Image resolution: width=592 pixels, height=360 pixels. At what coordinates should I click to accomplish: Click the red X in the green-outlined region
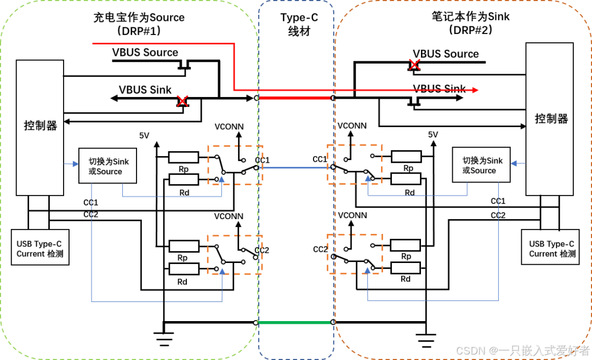click(x=182, y=101)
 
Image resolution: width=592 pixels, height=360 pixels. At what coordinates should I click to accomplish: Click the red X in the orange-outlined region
click(x=414, y=64)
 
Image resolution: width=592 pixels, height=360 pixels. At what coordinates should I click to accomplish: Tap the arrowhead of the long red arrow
click(x=476, y=90)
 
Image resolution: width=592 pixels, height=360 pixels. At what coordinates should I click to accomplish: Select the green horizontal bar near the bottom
click(x=294, y=322)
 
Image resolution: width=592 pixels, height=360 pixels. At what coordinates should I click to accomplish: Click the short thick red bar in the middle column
click(x=295, y=98)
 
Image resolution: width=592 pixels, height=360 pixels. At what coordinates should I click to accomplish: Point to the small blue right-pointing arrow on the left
click(x=72, y=163)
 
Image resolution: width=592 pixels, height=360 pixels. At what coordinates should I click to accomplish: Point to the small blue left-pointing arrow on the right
click(x=517, y=163)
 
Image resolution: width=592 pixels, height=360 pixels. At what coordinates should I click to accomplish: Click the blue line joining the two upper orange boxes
click(x=295, y=167)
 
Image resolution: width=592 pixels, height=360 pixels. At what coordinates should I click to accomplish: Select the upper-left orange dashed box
click(x=235, y=165)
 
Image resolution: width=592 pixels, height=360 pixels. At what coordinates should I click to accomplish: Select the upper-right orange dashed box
click(x=355, y=164)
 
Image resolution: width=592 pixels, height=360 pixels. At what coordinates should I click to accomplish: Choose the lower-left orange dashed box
click(x=235, y=254)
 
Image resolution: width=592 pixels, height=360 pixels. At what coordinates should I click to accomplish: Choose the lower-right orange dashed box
click(x=355, y=253)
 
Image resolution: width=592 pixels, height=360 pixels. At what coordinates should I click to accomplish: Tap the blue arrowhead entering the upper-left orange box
click(x=221, y=179)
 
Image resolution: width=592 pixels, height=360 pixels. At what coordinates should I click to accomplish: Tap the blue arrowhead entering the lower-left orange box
click(x=222, y=271)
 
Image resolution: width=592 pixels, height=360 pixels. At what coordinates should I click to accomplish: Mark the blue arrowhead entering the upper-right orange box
click(x=367, y=178)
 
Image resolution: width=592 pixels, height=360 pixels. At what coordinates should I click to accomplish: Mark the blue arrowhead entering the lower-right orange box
click(x=367, y=270)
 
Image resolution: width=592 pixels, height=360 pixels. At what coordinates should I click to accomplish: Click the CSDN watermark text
click(x=521, y=350)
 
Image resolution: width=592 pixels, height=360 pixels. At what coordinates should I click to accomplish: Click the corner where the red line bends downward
click(x=234, y=43)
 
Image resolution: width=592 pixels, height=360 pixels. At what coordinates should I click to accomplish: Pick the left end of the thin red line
click(x=93, y=43)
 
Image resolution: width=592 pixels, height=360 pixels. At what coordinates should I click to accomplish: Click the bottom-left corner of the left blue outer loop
click(x=92, y=301)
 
